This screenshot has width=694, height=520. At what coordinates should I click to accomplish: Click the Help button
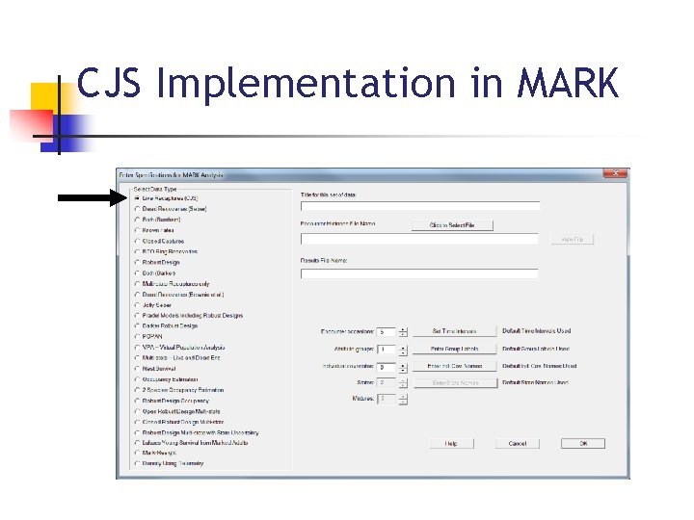(x=451, y=443)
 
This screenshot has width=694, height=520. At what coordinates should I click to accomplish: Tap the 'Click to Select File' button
(x=452, y=225)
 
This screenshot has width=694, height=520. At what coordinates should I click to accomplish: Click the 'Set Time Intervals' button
(x=454, y=331)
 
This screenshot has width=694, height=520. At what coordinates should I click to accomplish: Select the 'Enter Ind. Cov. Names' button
(x=454, y=366)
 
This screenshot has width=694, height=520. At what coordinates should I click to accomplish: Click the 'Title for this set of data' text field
(x=419, y=206)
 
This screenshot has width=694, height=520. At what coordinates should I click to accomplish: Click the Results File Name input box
(x=419, y=273)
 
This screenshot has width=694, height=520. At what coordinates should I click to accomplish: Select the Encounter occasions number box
(x=386, y=331)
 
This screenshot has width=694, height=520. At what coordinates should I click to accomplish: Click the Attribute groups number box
(x=386, y=349)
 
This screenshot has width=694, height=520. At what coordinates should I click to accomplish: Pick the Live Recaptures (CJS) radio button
(x=137, y=198)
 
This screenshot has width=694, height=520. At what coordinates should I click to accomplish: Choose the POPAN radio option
(x=137, y=336)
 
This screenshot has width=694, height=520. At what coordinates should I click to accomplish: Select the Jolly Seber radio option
(x=137, y=304)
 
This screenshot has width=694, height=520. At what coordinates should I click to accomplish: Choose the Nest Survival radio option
(x=137, y=368)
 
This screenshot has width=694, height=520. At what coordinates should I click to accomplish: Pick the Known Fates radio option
(x=137, y=230)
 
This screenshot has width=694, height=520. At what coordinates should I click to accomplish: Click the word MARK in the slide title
(x=567, y=85)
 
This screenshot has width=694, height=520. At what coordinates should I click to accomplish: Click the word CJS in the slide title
(x=111, y=85)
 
